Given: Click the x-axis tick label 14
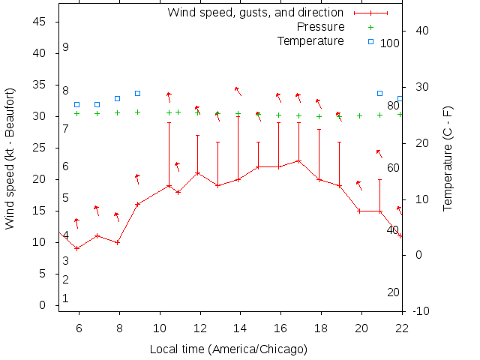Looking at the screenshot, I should [x=240, y=328].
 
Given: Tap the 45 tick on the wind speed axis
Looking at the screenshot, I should [x=41, y=22].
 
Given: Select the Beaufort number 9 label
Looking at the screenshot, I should [x=66, y=47].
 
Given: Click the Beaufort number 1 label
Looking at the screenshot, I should [x=66, y=298].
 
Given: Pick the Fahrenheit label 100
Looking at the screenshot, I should [x=390, y=43].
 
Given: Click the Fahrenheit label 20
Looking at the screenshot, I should [x=393, y=292].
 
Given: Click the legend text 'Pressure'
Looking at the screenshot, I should [x=321, y=27].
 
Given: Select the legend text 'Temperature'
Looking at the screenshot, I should [x=310, y=40].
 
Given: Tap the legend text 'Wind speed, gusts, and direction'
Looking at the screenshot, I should [x=256, y=13].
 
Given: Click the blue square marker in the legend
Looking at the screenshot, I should [x=370, y=41].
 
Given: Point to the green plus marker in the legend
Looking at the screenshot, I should [x=370, y=27].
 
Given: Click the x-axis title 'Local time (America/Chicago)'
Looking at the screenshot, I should [x=229, y=349].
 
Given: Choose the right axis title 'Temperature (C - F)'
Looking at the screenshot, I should [x=448, y=157].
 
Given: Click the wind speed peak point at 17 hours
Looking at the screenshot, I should [x=298, y=160].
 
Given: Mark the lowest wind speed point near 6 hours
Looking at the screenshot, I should [x=77, y=248].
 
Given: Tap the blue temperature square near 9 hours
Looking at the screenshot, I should [x=137, y=93].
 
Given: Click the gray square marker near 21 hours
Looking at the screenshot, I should [x=379, y=93].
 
